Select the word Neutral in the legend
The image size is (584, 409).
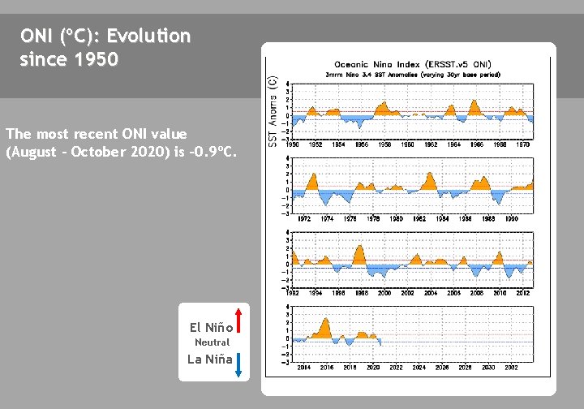tap(212, 342)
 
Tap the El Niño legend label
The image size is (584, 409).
tap(211, 328)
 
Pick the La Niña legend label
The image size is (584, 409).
tap(210, 359)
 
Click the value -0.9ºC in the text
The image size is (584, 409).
tap(214, 151)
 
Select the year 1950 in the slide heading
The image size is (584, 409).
tap(97, 59)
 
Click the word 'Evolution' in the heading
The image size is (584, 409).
tap(148, 37)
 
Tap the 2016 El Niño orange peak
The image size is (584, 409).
tap(326, 321)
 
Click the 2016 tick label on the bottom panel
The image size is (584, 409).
tap(327, 367)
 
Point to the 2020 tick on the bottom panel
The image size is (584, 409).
tap(373, 367)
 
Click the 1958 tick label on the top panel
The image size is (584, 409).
tap(384, 144)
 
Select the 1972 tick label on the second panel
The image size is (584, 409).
tap(304, 218)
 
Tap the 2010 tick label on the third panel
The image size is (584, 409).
tap(500, 292)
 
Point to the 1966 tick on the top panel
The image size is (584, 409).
tap(476, 144)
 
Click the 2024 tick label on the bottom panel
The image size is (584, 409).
tap(419, 367)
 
